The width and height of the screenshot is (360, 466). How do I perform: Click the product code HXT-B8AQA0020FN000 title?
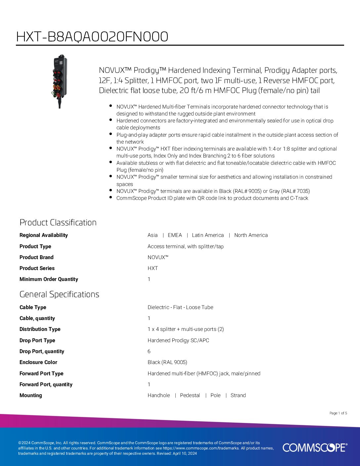[x=92, y=37]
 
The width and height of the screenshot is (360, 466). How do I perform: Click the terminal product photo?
[x=60, y=81]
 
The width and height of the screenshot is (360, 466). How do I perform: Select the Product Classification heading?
[x=58, y=222]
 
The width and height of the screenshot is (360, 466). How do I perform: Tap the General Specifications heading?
[x=59, y=294]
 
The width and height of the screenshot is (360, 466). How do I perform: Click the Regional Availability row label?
[x=43, y=235]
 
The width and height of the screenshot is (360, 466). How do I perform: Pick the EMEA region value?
[x=175, y=235]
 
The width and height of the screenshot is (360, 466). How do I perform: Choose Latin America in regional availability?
[x=208, y=235]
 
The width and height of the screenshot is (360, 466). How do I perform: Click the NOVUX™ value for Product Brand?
[x=158, y=257]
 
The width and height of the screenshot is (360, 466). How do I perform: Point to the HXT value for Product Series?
[x=153, y=268]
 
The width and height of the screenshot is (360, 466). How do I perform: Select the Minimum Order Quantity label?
[x=49, y=279]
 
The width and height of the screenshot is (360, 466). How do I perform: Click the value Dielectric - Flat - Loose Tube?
[x=180, y=307]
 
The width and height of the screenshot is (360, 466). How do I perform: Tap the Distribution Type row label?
[x=40, y=329]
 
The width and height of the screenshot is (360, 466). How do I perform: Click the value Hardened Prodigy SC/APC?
[x=178, y=340]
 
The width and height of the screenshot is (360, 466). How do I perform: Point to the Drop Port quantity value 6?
[x=149, y=351]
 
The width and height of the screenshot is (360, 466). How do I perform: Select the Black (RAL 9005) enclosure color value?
[x=167, y=362]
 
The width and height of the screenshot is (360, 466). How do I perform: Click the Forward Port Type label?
[x=41, y=373]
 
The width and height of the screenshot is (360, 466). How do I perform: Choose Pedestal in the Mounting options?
[x=190, y=395]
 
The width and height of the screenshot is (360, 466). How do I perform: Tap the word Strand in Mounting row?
[x=238, y=395]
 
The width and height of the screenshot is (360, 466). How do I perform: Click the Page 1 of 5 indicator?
[x=338, y=413]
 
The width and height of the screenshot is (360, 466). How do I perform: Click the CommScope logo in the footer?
[x=315, y=447]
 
